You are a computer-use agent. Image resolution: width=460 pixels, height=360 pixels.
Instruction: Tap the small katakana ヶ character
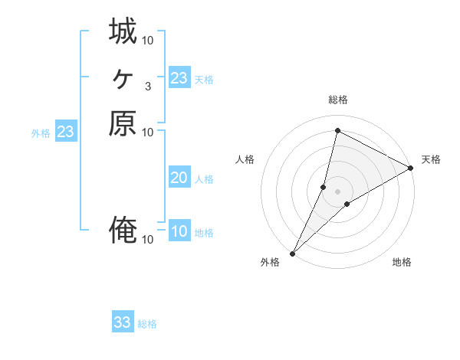tap(123, 77)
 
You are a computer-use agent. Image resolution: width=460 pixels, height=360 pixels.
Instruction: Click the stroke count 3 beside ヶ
tap(148, 86)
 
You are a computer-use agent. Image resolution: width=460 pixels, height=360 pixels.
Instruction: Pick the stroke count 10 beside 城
tap(148, 39)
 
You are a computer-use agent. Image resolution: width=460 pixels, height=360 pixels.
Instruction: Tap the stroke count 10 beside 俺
tap(148, 240)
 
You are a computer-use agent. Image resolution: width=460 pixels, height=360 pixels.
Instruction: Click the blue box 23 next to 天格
tap(179, 78)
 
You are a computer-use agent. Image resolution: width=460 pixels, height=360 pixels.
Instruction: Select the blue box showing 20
tap(179, 178)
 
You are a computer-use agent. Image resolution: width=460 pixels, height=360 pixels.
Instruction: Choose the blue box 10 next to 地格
tap(179, 231)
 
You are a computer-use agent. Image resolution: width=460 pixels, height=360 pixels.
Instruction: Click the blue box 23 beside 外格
tap(66, 132)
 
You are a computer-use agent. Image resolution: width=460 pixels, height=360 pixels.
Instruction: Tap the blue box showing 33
tap(123, 322)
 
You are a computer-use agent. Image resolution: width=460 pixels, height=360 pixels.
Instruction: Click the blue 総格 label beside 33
tap(148, 324)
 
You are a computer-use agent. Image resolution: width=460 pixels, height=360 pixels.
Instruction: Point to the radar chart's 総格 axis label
tap(337, 100)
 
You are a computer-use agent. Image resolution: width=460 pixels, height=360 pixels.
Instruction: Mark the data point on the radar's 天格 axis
tap(410, 169)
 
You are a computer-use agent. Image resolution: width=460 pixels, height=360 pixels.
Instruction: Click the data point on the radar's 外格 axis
tap(293, 253)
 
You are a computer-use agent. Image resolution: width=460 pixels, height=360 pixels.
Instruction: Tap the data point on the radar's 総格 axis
tap(337, 130)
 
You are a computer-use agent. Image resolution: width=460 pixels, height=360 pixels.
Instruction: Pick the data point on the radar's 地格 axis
tap(347, 204)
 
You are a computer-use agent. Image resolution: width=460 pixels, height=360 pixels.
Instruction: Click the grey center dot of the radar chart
tap(337, 191)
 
